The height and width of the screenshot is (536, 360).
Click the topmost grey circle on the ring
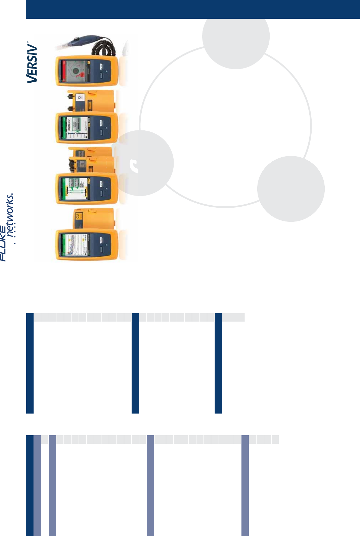click(x=236, y=36)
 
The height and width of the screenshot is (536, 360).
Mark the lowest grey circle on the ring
click(x=291, y=189)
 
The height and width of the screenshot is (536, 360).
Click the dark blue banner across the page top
click(x=193, y=9)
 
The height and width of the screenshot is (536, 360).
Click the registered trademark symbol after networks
click(x=12, y=194)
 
